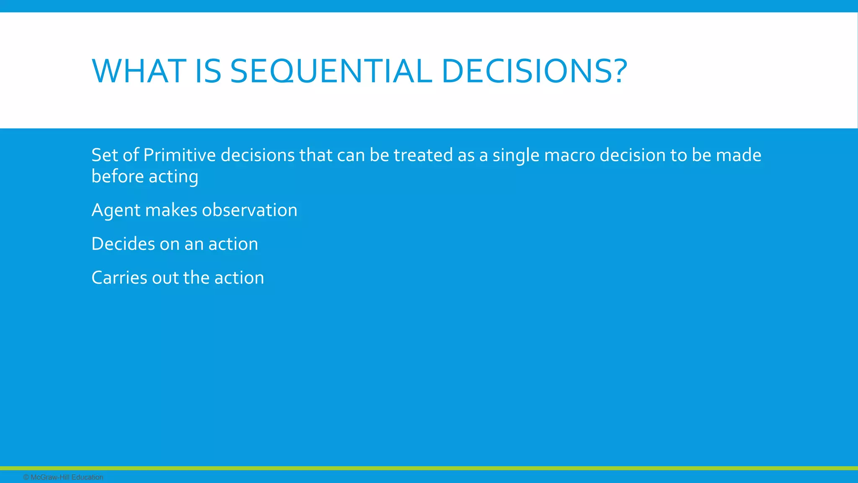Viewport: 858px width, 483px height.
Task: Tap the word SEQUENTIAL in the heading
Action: [331, 71]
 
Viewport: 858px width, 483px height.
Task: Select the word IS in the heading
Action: [208, 71]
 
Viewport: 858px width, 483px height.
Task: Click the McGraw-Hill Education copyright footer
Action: [64, 477]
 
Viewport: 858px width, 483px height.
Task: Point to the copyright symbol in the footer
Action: [26, 477]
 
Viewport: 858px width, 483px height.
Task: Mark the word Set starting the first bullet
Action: [104, 155]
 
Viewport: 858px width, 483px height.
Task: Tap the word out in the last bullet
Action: [165, 278]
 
